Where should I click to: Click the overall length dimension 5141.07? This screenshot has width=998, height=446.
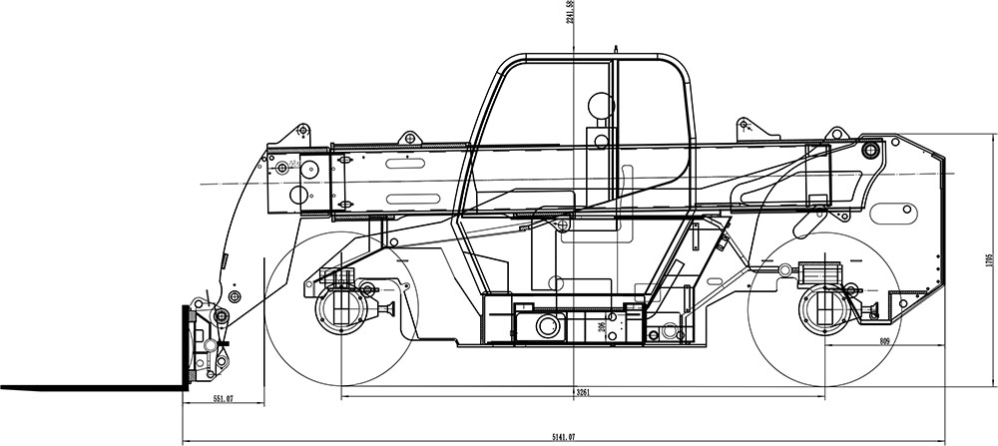tap(564, 437)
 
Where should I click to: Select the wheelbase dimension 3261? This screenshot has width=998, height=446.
tap(582, 392)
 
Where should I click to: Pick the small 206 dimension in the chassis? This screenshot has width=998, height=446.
tap(602, 326)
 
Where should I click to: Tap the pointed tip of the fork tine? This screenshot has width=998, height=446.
tap(4, 386)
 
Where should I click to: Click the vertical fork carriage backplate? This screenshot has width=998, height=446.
tap(184, 344)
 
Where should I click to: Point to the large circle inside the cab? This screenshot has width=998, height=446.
tap(599, 103)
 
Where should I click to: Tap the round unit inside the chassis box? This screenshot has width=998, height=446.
tap(547, 326)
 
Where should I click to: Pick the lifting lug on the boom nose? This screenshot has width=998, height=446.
tap(299, 131)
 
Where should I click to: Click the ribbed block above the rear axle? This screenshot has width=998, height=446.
tap(818, 271)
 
